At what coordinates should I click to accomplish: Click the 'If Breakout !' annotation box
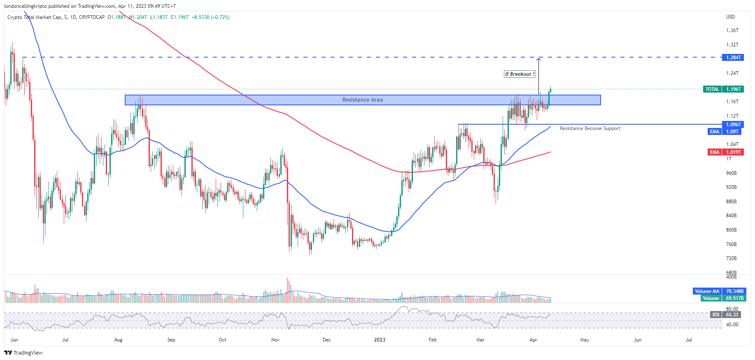[x=520, y=74]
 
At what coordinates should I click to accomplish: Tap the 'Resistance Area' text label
[x=362, y=100]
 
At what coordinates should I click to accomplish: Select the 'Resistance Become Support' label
[x=590, y=128]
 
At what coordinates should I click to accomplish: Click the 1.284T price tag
[x=733, y=58]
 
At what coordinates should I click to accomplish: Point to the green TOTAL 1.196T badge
[x=724, y=89]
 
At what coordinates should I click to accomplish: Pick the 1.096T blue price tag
[x=733, y=124]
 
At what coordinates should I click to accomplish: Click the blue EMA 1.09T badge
[x=725, y=132]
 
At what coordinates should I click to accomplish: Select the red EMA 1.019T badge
[x=725, y=152]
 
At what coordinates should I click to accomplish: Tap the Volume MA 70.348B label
[x=719, y=291]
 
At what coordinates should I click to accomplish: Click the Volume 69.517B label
[x=723, y=298]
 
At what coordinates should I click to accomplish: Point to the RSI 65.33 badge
[x=726, y=315]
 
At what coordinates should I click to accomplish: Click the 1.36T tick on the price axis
[x=732, y=30]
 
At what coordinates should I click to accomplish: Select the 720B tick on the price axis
[x=731, y=258]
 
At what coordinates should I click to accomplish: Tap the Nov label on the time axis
[x=275, y=340]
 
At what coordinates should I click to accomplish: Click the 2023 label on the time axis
[x=380, y=340]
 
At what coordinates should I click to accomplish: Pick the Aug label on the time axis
[x=118, y=340]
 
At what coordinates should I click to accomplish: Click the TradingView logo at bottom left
[x=23, y=353]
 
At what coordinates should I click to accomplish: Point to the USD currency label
[x=730, y=17]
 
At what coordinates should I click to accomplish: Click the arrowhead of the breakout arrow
[x=538, y=60]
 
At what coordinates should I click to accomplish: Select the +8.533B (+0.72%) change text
[x=210, y=17]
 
